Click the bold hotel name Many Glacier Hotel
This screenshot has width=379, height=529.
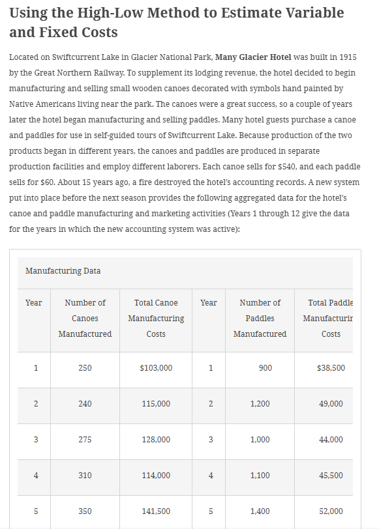tap(258, 57)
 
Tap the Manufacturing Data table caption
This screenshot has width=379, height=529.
tap(63, 270)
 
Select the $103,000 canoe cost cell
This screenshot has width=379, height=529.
tap(156, 368)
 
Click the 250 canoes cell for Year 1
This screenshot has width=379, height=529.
tap(85, 368)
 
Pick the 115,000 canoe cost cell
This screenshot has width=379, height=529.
tap(156, 404)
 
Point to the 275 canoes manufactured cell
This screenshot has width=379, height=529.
tap(85, 440)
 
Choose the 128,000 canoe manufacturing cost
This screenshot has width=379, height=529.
tap(156, 440)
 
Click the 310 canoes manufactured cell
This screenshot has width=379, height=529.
tap(85, 476)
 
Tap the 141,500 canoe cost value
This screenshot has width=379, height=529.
tap(156, 511)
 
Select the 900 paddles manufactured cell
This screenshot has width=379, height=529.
tap(265, 368)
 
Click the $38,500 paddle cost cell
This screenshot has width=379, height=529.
tap(331, 368)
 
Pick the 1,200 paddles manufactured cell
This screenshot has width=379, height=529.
tap(260, 404)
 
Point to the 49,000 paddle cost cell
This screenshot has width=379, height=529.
tap(331, 404)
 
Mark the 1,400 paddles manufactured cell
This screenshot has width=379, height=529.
tap(260, 511)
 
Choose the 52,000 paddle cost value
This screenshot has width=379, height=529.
tap(331, 511)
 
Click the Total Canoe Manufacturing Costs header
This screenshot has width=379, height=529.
tap(156, 318)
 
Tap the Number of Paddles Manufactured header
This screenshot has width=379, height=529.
tap(260, 318)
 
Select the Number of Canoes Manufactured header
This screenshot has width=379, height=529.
tap(85, 318)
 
